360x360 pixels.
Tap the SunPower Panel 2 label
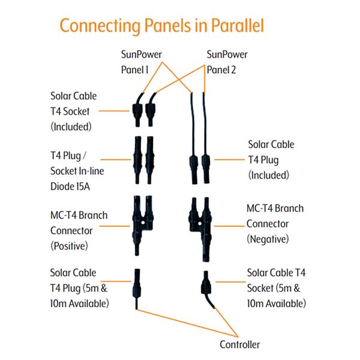(x=226, y=62)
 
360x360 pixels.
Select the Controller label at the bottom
(x=239, y=344)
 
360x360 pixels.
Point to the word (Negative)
(x=268, y=239)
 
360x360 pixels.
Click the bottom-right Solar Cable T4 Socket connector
(x=206, y=282)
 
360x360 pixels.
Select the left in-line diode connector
(x=137, y=161)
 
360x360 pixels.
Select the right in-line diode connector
(x=151, y=161)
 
